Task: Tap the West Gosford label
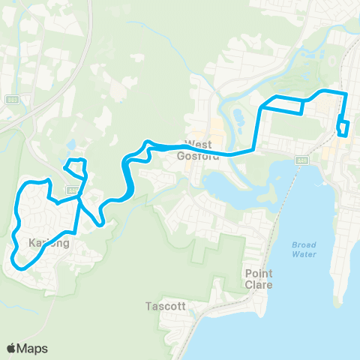[x=199, y=150]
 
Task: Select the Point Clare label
[x=259, y=279]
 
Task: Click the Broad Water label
[x=304, y=250]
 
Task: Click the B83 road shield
[x=13, y=100]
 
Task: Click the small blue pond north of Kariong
[x=71, y=144]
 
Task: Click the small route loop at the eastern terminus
[x=343, y=128]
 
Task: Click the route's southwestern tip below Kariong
[x=17, y=262]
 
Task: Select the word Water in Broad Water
[x=304, y=254]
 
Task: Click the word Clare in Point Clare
[x=259, y=284]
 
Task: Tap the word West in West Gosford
[x=199, y=145]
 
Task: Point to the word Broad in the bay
[x=304, y=245]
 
